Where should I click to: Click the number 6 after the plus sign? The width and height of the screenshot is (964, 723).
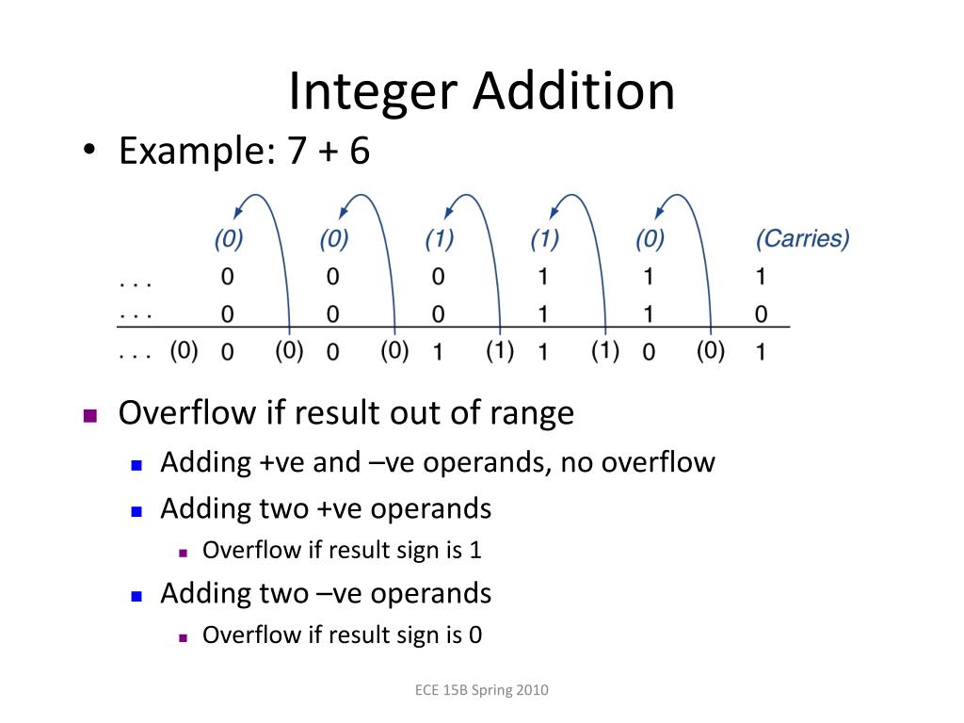pos(359,152)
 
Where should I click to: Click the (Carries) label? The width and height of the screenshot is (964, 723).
pos(802,239)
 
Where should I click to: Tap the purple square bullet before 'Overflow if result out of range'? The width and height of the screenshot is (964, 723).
pos(90,415)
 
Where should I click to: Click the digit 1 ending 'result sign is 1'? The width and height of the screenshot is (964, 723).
pos(475,550)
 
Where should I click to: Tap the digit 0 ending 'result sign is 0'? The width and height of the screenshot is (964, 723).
pos(475,635)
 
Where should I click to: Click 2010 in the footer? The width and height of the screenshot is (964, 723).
pos(532,690)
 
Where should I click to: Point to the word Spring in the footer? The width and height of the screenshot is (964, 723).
pos(490,691)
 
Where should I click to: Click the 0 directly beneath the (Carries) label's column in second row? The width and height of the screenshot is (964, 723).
pos(761,314)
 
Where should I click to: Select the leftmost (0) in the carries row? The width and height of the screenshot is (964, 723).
pos(228,239)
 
